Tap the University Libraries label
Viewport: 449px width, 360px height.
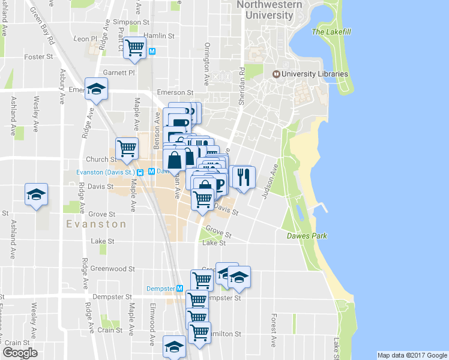click(315, 74)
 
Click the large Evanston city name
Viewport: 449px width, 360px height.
click(96, 224)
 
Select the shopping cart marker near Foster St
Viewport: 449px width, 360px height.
click(135, 47)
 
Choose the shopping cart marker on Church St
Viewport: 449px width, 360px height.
click(127, 148)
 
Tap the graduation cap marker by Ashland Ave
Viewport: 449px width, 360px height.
click(35, 194)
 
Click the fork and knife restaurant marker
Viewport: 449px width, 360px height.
click(244, 176)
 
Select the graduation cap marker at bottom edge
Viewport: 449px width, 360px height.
click(174, 346)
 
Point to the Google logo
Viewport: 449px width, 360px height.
click(20, 353)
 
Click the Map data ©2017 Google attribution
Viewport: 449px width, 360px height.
click(412, 355)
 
